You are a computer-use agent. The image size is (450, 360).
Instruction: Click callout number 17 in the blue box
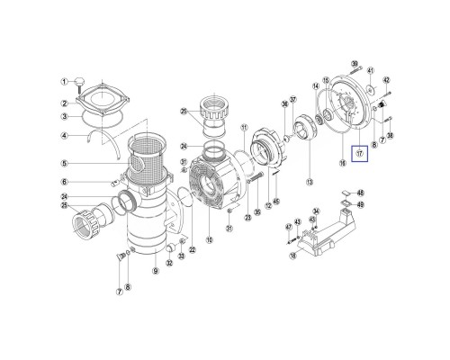359,153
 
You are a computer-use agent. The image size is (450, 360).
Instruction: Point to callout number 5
65,164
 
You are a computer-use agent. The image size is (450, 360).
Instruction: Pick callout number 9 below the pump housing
155,272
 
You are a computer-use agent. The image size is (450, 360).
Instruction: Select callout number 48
361,193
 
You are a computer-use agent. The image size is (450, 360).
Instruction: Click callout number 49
361,204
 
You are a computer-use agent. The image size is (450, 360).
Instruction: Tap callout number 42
386,80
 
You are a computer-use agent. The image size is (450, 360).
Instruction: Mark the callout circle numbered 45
276,201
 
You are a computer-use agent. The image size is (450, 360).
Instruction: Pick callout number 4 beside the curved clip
65,137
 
